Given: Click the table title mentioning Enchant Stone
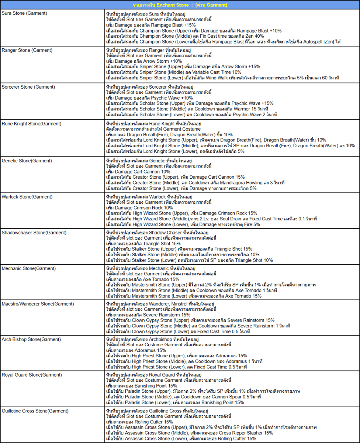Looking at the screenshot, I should point(180,5).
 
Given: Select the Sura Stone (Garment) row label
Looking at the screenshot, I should point(24,13).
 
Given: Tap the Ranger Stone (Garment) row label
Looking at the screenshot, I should point(27,49).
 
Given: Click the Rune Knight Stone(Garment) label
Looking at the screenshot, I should point(31,123).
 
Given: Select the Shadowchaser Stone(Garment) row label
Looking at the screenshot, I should point(34,233).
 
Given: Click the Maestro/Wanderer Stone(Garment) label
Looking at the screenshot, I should point(38,304).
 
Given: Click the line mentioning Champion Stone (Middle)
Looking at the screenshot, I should point(185,36).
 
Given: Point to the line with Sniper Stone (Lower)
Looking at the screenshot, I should point(222,78).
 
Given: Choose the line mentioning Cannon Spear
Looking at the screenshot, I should point(183,397).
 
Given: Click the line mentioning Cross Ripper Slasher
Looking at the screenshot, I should point(189,433).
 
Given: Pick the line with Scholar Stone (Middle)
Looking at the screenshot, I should point(187,109).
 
